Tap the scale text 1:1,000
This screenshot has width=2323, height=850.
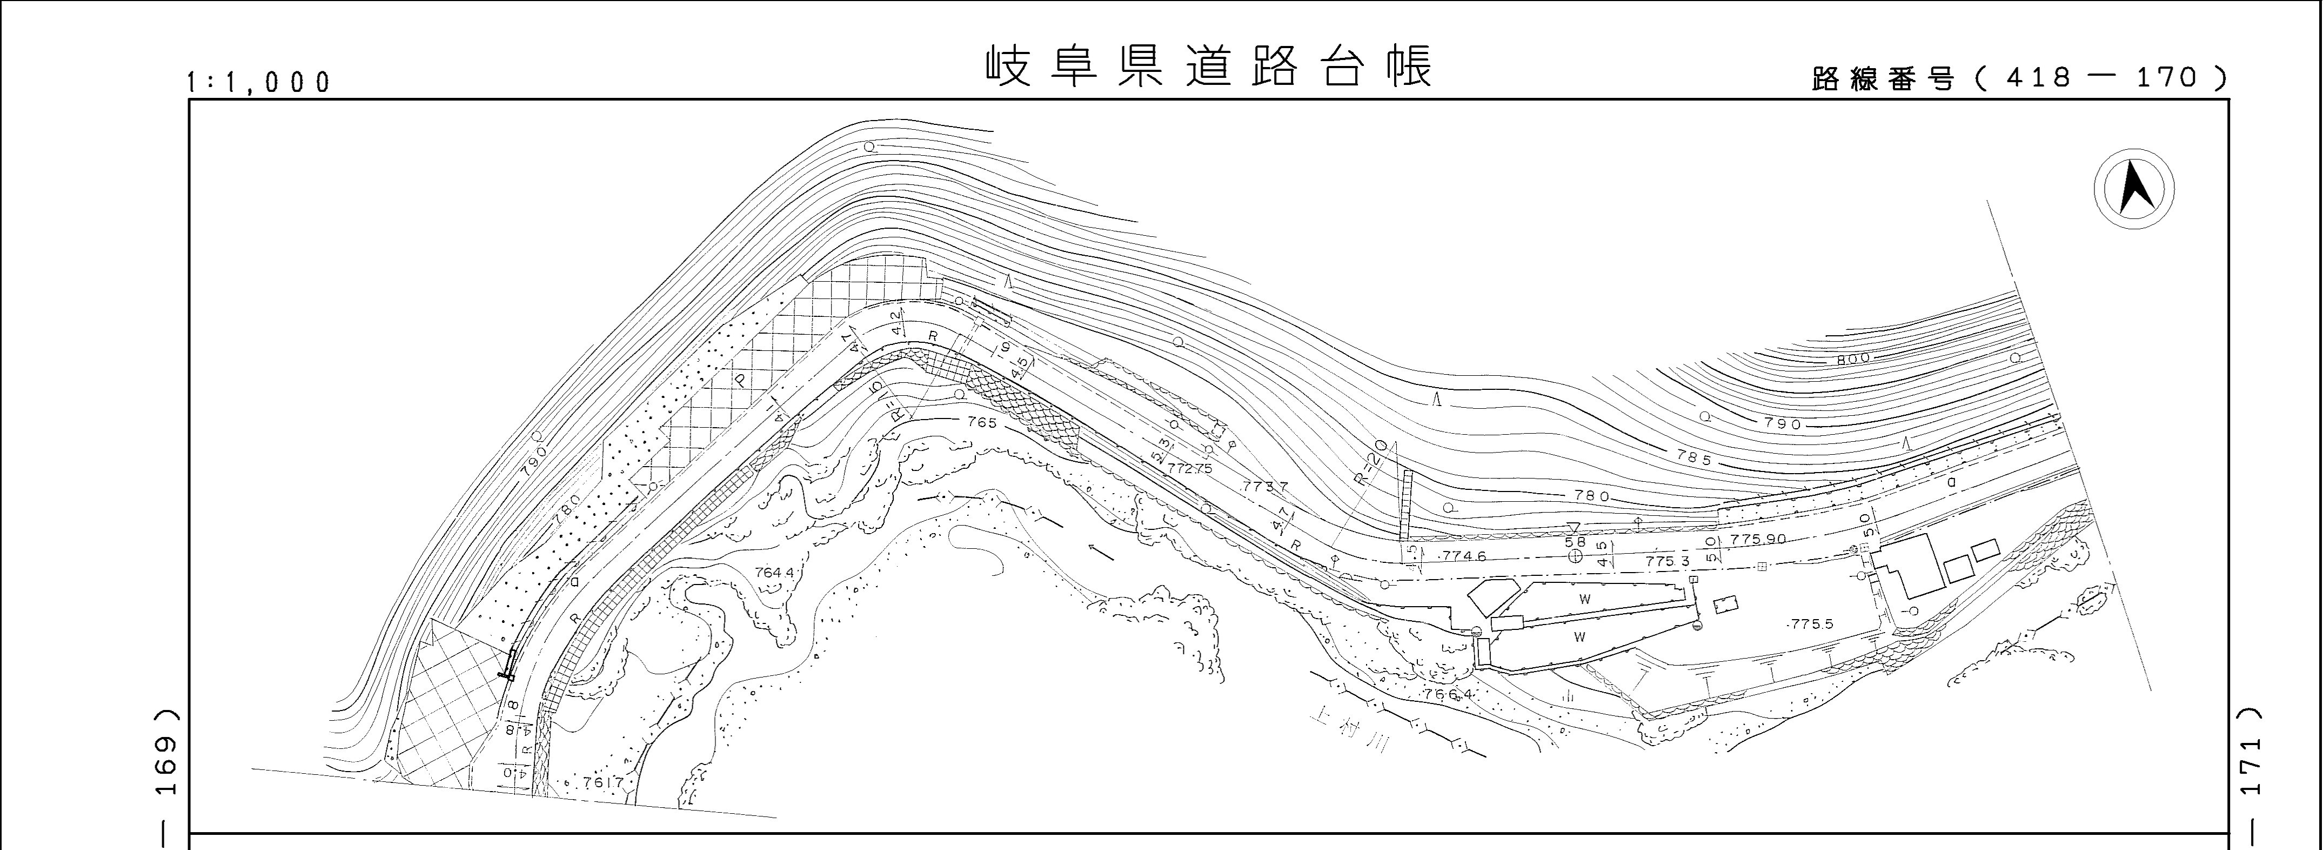pyautogui.click(x=259, y=82)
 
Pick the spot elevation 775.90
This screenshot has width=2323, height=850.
pyautogui.click(x=1758, y=539)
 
